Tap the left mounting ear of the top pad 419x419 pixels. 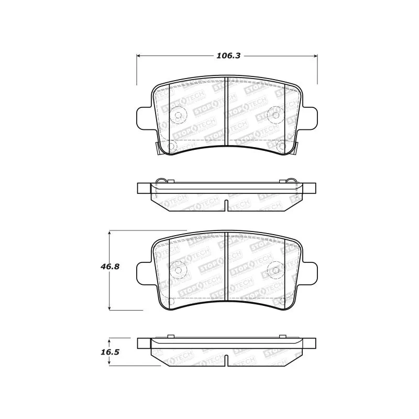pyautogui.click(x=144, y=116)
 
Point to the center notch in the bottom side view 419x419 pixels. pyautogui.click(x=227, y=361)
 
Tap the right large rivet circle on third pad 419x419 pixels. pyautogui.click(x=275, y=270)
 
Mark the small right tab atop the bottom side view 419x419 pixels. pyautogui.click(x=283, y=336)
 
